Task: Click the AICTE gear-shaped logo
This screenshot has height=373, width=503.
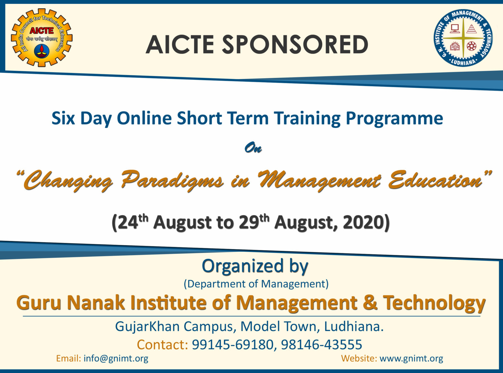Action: point(42,38)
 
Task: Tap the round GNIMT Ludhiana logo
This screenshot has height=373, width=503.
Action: point(463,38)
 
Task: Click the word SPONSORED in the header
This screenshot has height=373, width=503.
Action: point(295,45)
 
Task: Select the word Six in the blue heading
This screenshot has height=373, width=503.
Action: point(63,118)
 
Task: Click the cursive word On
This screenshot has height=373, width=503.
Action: point(253,148)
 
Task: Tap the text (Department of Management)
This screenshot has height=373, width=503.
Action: point(256,284)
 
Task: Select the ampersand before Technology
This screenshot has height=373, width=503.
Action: point(370,303)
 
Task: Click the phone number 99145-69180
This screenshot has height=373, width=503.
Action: point(233,345)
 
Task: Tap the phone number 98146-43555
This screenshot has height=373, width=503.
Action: point(322,345)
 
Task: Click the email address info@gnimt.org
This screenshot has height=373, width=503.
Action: point(116,359)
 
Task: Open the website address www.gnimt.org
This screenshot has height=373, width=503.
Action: point(411,359)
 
